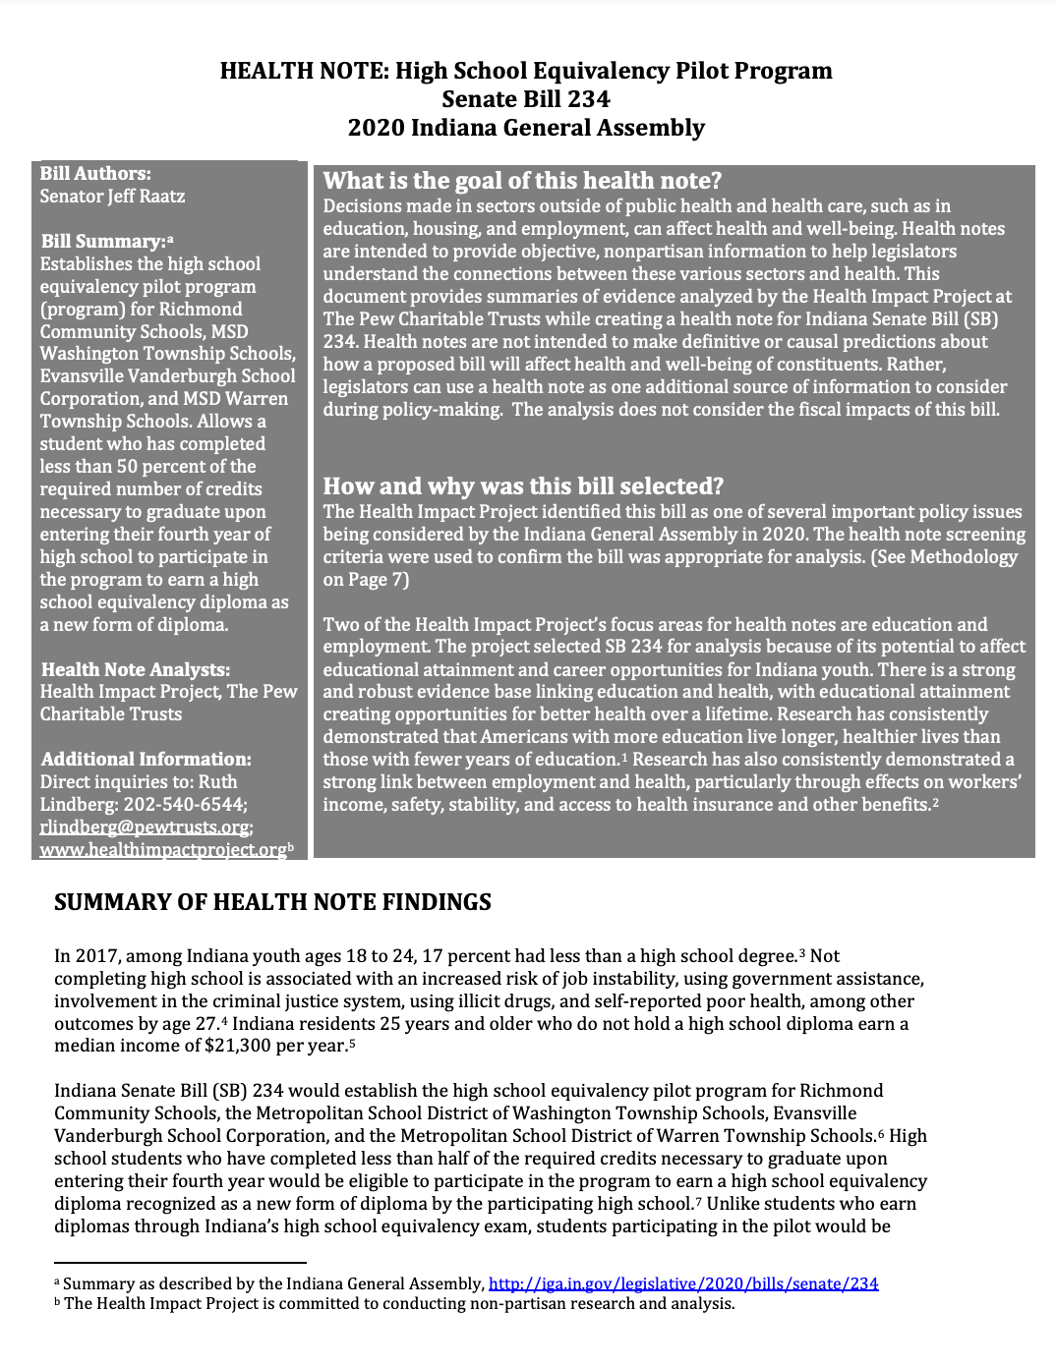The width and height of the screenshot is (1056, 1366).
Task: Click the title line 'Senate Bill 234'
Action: (525, 99)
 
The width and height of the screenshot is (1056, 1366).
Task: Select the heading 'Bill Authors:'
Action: (95, 174)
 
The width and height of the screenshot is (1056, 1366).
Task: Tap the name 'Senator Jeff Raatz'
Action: (112, 197)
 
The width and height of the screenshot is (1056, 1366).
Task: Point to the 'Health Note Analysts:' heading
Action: (135, 669)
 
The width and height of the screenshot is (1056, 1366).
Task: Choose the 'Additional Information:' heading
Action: (146, 760)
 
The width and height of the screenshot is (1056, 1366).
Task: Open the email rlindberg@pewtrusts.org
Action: (145, 827)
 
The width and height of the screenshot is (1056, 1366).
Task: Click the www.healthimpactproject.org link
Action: (162, 850)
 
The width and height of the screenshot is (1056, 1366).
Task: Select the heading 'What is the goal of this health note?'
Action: (522, 181)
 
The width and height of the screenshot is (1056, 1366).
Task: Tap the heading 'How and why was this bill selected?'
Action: (523, 486)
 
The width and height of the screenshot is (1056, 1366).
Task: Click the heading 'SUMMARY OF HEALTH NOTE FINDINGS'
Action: (272, 902)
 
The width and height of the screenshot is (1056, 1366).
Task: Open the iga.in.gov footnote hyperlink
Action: (682, 1283)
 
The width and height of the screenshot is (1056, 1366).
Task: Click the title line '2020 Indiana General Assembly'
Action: (525, 128)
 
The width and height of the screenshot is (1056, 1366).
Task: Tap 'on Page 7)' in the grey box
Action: (366, 580)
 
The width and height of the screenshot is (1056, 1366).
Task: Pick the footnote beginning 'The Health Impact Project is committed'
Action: (398, 1304)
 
